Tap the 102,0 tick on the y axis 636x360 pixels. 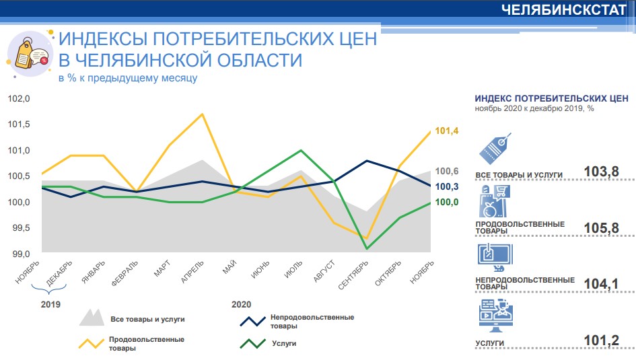(19, 99)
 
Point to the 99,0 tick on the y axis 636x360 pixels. (19, 254)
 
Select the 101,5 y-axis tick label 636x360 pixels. (19, 124)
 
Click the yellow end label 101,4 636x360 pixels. (447, 131)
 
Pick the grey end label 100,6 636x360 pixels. (447, 171)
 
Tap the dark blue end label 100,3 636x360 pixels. (447, 186)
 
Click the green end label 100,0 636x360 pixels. (447, 203)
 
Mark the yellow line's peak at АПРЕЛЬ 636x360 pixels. (203, 114)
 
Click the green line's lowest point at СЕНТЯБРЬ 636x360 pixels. (366, 249)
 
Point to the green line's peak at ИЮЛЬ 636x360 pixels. (300, 151)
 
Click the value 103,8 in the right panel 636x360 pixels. (602, 172)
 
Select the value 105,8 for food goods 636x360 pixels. (602, 228)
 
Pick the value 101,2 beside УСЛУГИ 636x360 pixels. (602, 341)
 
